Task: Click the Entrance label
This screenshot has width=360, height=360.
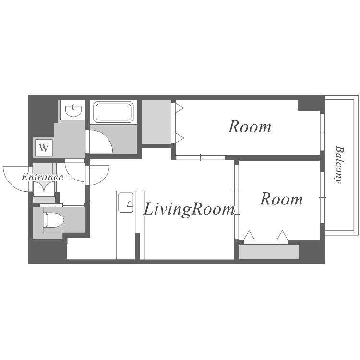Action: [42, 177]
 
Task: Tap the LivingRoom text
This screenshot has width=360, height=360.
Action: [189, 209]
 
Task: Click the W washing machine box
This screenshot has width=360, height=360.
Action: [44, 148]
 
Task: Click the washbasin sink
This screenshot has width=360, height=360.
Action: [73, 110]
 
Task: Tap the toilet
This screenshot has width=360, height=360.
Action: [53, 220]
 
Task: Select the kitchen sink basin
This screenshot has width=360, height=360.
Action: [126, 203]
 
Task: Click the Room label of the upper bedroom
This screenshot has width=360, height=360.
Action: [250, 127]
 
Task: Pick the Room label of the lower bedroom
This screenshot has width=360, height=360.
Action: [281, 199]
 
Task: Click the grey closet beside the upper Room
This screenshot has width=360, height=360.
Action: [156, 121]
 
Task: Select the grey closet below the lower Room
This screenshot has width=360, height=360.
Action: [269, 252]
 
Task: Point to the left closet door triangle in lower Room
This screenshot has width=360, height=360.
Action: [249, 235]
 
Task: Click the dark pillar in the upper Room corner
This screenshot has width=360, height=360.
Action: [309, 105]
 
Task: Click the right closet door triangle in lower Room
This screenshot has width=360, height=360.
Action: [282, 235]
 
